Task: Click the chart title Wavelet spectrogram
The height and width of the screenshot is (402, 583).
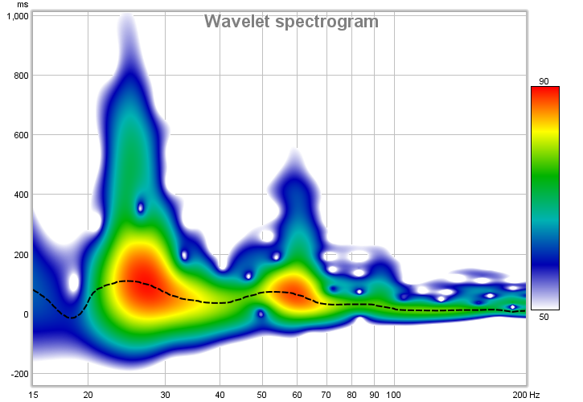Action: pos(291,22)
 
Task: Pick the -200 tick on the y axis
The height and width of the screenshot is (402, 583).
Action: pos(18,374)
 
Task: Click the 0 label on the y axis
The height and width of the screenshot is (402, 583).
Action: pos(26,314)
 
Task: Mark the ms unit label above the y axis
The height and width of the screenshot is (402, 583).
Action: pos(23,5)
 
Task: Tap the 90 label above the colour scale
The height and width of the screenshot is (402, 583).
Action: pos(544,81)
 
